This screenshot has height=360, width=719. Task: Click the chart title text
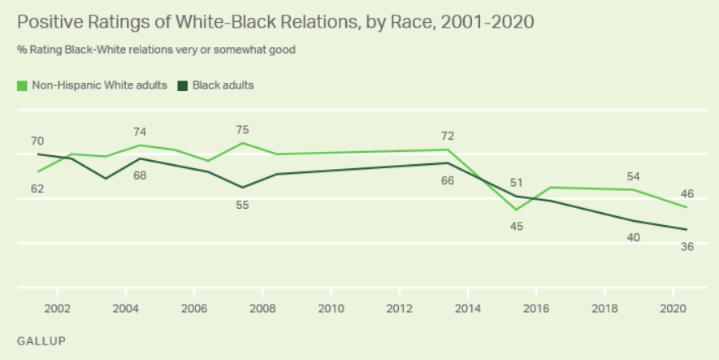[275, 22]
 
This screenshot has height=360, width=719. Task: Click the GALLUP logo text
[41, 339]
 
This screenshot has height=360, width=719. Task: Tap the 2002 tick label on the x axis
[56, 309]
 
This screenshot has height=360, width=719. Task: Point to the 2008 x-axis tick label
[262, 309]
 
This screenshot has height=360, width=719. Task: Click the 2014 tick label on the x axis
[467, 309]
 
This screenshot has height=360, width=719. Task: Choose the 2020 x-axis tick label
[673, 309]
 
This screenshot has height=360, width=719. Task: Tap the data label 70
[37, 140]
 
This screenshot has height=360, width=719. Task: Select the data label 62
[37, 189]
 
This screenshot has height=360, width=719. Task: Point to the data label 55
[242, 205]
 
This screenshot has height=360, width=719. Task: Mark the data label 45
[516, 225]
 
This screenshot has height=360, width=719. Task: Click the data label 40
[634, 237]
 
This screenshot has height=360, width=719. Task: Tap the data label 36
[687, 246]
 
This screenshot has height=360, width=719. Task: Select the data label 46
[687, 193]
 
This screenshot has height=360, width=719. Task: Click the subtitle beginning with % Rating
[156, 50]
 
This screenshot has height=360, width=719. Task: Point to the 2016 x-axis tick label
[536, 309]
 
